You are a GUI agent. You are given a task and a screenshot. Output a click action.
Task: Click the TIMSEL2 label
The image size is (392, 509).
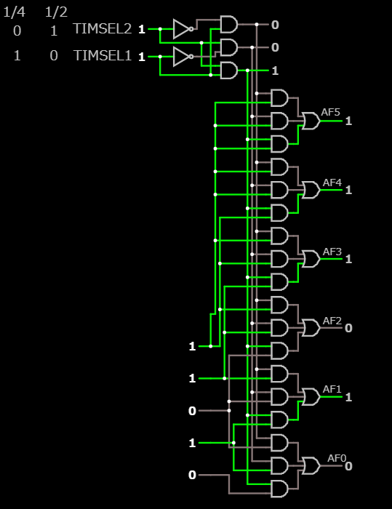pos(103,29)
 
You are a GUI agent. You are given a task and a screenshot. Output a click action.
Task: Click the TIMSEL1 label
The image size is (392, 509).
pos(103,55)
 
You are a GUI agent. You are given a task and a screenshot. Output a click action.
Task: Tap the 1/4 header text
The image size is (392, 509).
pos(15,12)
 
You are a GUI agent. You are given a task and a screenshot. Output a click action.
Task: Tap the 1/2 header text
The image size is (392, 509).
pos(56,12)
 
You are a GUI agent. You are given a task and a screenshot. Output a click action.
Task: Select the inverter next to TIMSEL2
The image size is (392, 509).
pos(183,29)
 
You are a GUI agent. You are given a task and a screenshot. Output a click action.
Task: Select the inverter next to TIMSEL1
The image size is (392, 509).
pos(183,57)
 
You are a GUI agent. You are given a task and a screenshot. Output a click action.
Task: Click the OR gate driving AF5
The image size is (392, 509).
pos(311,121)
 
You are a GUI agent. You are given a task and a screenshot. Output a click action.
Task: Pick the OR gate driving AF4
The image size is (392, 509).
pos(311,190)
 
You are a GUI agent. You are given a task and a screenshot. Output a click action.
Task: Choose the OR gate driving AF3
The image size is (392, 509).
pos(311,259)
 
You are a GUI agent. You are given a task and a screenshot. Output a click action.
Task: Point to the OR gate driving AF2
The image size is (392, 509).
pos(311,328)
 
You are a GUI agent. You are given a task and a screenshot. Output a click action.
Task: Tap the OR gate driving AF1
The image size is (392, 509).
pos(311,397)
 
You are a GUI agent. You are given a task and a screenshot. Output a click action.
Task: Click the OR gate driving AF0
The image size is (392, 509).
pos(311,466)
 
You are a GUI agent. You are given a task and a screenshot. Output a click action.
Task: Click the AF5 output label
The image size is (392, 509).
pos(331,112)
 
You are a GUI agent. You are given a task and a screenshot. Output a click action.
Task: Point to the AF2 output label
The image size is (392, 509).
pos(332,321)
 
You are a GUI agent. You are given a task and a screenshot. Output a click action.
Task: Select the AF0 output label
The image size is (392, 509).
pos(337,458)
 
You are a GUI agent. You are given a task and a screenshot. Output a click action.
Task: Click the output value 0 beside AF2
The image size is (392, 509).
pos(348,328)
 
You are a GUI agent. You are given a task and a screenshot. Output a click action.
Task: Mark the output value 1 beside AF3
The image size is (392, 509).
pos(348,259)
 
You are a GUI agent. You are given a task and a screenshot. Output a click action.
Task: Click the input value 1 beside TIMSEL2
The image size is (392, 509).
pos(142,30)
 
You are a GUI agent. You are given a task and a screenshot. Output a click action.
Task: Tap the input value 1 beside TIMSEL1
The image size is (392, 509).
pos(142,57)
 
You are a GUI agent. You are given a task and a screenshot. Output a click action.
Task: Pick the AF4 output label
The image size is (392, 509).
pos(332,183)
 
